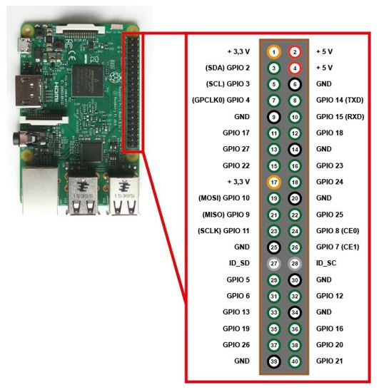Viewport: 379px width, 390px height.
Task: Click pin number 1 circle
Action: (273, 52)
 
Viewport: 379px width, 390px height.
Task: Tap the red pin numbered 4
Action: (295, 68)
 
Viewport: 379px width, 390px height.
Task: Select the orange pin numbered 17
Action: (273, 182)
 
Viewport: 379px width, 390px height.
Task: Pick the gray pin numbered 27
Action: (273, 263)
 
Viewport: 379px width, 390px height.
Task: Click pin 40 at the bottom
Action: (295, 361)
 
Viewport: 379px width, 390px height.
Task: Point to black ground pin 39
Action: (273, 361)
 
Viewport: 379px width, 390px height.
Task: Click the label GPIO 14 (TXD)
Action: (340, 100)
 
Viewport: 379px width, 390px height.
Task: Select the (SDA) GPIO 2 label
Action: (228, 68)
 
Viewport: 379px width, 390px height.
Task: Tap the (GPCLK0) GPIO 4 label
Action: (221, 100)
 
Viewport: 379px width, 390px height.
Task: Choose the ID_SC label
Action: (326, 263)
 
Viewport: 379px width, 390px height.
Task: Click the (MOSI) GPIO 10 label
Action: (224, 198)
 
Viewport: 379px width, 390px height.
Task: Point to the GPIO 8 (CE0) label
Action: (338, 231)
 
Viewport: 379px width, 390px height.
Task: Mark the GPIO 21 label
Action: (330, 361)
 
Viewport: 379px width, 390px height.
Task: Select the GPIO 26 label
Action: (236, 345)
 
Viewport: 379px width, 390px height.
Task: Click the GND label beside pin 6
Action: (324, 84)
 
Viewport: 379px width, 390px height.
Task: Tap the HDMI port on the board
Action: (29, 91)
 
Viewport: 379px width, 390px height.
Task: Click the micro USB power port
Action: (24, 45)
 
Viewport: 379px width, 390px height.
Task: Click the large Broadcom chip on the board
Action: (88, 81)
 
